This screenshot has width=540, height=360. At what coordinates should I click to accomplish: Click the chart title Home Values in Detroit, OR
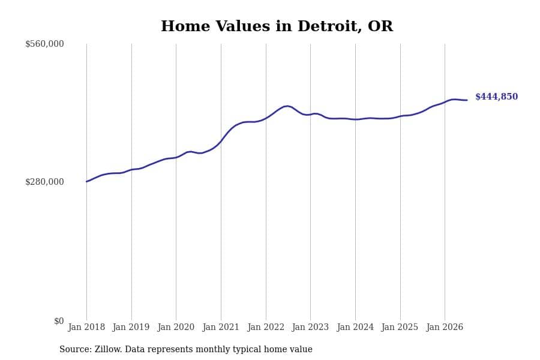[x=277, y=26]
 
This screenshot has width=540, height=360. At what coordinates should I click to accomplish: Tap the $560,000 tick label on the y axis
[x=44, y=44]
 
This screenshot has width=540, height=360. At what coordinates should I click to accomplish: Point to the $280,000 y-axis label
[x=44, y=182]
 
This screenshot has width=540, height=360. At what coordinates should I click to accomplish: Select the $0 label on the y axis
[x=59, y=321]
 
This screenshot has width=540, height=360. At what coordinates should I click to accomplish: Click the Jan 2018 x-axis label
[x=86, y=327]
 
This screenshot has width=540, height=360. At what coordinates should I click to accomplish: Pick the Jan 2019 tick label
[x=131, y=327]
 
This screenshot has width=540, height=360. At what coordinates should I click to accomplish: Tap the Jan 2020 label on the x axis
[x=176, y=327]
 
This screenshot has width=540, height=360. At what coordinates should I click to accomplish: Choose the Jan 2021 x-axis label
[x=221, y=327]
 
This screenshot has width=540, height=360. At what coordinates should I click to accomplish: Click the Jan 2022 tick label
[x=266, y=327]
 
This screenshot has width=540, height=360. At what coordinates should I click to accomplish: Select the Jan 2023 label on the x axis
[x=310, y=327]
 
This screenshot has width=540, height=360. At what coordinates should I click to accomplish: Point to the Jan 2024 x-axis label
[x=355, y=327]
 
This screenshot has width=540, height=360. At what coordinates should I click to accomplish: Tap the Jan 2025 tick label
[x=400, y=327]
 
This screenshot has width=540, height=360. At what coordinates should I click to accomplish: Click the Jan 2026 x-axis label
[x=445, y=327]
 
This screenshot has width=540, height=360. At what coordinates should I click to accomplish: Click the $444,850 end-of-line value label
[x=497, y=97]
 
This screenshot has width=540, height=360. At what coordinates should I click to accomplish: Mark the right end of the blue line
[x=467, y=100]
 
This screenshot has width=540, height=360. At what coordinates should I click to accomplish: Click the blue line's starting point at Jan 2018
[x=86, y=182]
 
